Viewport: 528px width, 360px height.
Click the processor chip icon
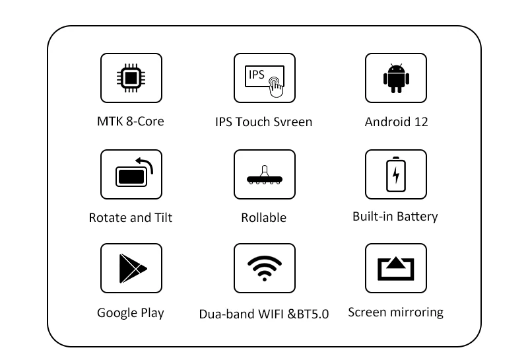tap(131, 78)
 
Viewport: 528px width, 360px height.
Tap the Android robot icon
tap(396, 78)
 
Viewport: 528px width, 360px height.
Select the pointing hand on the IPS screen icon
tap(276, 87)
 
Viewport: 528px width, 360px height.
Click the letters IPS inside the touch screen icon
tap(256, 75)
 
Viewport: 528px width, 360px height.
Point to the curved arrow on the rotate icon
tap(147, 162)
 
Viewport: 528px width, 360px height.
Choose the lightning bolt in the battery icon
tap(396, 175)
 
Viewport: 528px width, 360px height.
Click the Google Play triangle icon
tap(133, 268)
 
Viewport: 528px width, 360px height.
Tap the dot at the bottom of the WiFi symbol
tap(265, 279)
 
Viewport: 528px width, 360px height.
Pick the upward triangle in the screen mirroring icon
tap(396, 262)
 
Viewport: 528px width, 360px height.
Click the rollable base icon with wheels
tap(265, 175)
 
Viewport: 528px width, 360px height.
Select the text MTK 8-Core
tap(131, 122)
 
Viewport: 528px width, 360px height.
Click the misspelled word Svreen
tap(292, 122)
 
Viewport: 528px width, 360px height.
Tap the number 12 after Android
tap(421, 122)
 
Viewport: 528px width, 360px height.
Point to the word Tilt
tap(163, 218)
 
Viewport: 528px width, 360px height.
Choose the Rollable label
tap(263, 218)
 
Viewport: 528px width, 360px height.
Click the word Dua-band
tap(227, 314)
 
